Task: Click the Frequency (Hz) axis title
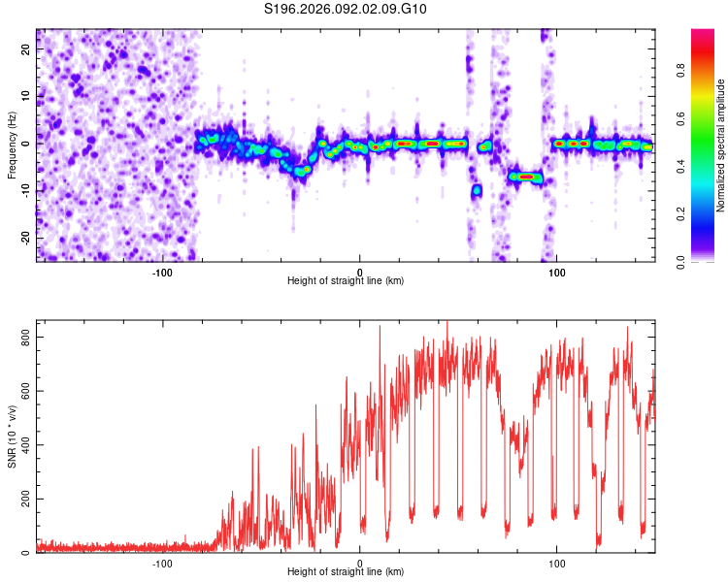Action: point(12,145)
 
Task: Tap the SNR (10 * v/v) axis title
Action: point(12,439)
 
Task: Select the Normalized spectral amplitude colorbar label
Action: point(719,145)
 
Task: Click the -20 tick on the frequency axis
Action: point(24,238)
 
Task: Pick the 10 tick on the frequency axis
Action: point(26,95)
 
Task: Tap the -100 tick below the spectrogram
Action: point(162,272)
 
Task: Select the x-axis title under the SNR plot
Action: point(347,573)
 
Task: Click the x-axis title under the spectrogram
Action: point(347,281)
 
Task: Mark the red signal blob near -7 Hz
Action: point(526,177)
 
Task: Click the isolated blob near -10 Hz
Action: point(477,191)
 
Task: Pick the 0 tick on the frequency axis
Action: point(29,143)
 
